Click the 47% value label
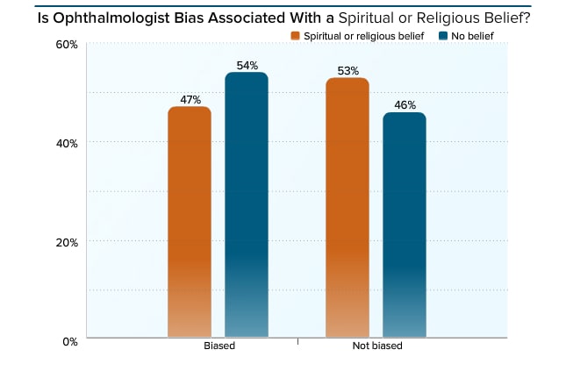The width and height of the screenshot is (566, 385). click(190, 99)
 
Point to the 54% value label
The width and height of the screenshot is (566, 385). click(247, 65)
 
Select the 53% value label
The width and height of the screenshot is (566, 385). click(347, 70)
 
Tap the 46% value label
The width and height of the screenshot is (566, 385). click(405, 105)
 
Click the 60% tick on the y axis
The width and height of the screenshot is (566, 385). click(68, 44)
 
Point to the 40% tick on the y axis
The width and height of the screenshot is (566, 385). click(68, 143)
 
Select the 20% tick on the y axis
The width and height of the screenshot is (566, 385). click(68, 242)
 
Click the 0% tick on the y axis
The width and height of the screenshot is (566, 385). click(70, 340)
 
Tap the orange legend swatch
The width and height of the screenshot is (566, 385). click(296, 35)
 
